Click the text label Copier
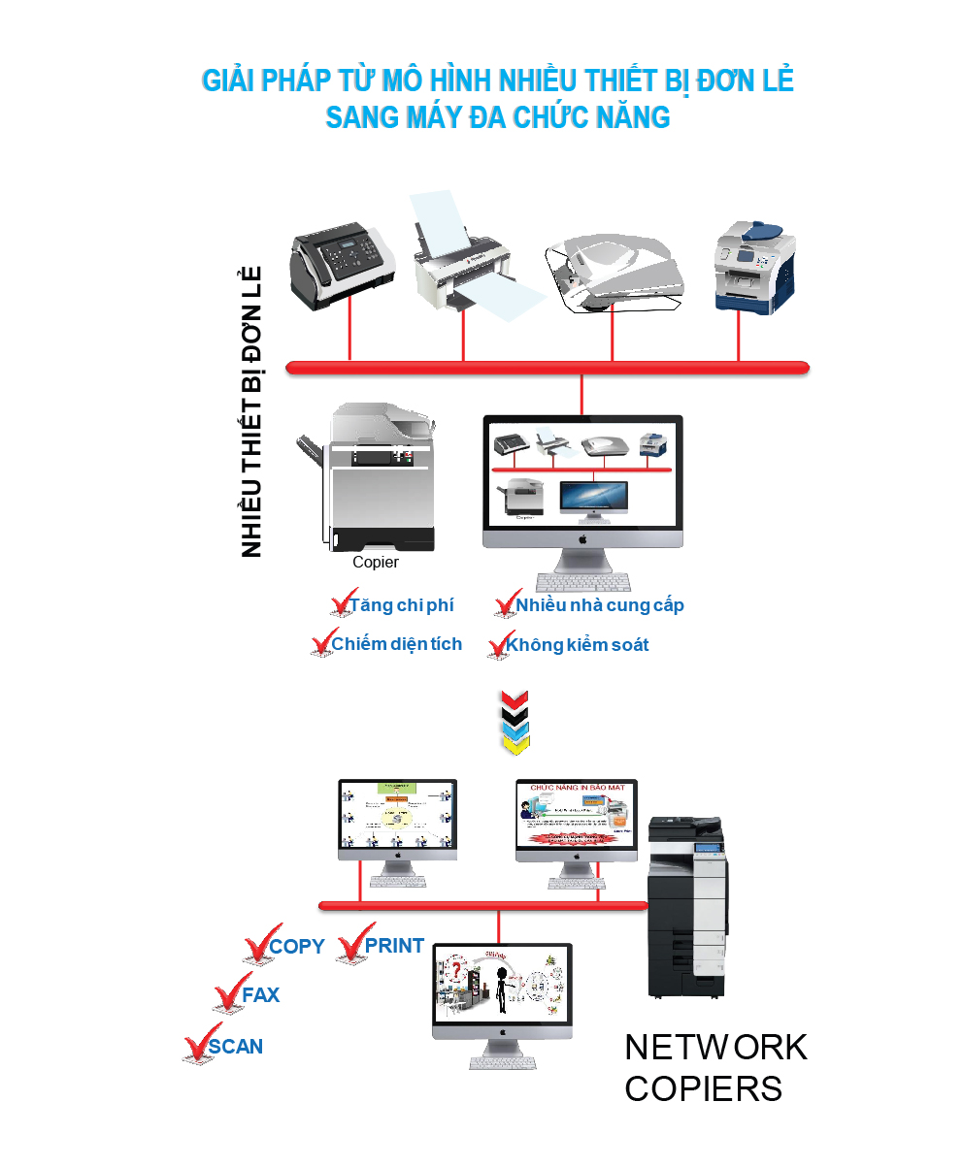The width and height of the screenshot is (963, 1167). tap(375, 562)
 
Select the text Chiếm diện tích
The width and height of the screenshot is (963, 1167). tap(396, 644)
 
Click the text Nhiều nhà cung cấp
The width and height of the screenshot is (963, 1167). tap(600, 605)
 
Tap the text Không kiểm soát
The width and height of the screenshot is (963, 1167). tap(577, 645)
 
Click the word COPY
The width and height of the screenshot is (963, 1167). tap(297, 947)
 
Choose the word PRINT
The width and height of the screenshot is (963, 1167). tap(395, 945)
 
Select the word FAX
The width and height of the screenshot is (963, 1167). tap(261, 995)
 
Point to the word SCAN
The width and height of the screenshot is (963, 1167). tap(236, 1046)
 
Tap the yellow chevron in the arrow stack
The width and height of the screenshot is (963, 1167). tap(515, 744)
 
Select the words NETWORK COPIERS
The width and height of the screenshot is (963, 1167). tap(714, 1067)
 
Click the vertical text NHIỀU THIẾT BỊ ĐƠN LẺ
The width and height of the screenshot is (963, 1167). tap(252, 412)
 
